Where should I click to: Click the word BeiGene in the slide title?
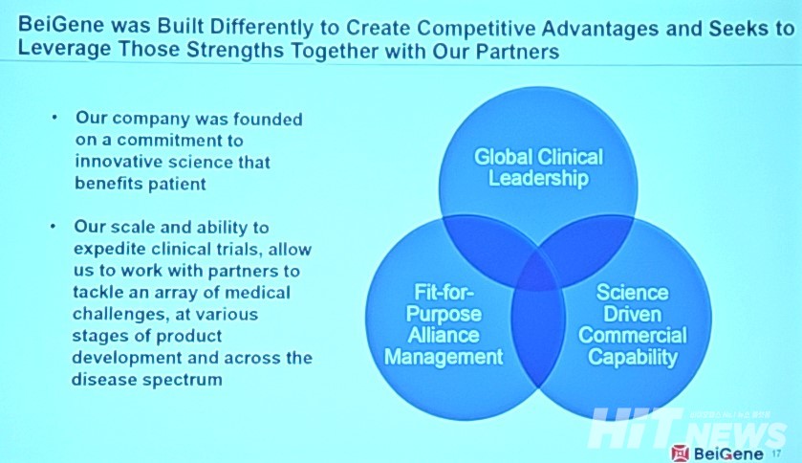(x=61, y=26)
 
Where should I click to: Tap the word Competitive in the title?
(x=476, y=28)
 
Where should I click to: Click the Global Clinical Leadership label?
(x=538, y=167)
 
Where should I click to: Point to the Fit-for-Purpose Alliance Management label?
(x=444, y=325)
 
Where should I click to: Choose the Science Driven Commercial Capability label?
(x=633, y=325)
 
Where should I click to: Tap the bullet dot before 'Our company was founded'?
(x=54, y=117)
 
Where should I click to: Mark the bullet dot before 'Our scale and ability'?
(x=53, y=225)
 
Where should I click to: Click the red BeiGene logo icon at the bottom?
(x=680, y=453)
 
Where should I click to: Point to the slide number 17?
(x=776, y=453)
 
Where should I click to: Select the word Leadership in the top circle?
(x=538, y=179)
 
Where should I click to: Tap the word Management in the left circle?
(x=444, y=357)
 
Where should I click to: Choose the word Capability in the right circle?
(x=633, y=357)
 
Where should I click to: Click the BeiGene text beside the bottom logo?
(x=728, y=453)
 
